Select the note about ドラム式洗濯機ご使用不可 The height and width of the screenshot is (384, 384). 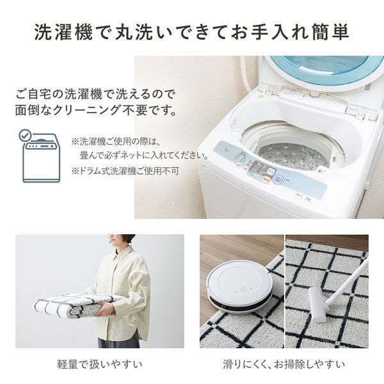coord(125,171)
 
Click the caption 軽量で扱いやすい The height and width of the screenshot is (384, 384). coord(99,365)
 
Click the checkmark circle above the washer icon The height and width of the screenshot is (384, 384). coord(25,135)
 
